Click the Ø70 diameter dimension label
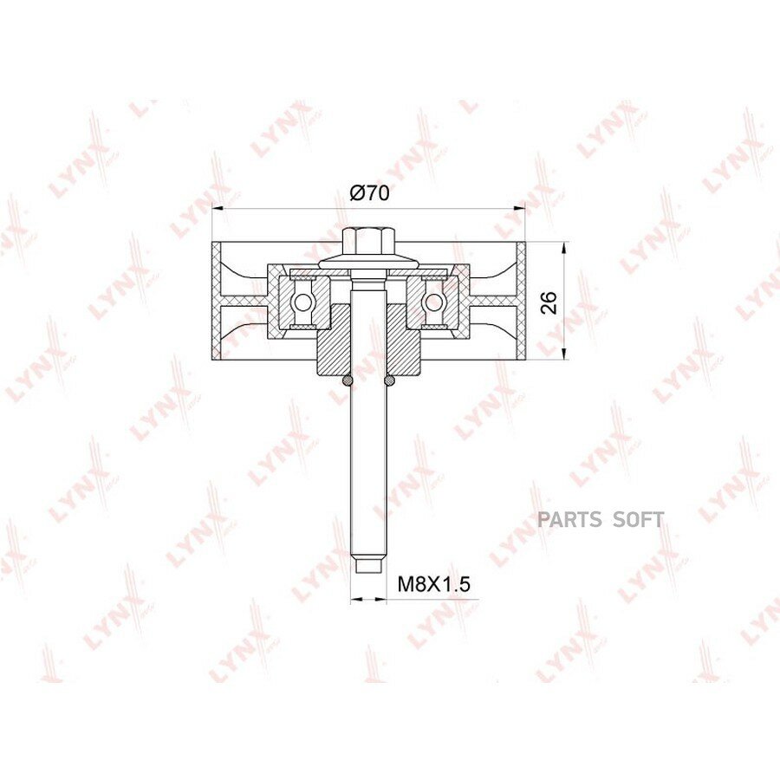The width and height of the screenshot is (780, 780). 369,193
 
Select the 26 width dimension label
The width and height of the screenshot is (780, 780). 549,302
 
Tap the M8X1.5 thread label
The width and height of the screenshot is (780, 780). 434,584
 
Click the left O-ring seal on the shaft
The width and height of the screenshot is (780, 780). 348,380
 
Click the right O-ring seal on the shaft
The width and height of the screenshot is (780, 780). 390,380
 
